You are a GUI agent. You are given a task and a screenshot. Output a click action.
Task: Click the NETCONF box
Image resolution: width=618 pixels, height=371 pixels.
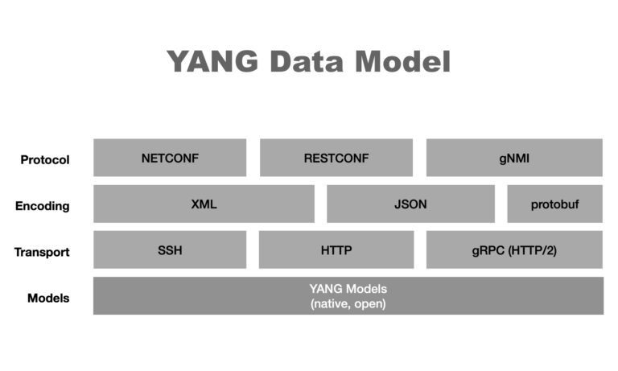(170, 158)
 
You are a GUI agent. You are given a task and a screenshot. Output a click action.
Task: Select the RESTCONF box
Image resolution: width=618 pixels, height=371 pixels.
(336, 158)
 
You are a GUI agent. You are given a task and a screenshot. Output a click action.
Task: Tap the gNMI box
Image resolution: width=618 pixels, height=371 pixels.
(514, 158)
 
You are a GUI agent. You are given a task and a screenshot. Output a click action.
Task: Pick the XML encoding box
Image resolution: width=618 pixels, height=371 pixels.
(204, 204)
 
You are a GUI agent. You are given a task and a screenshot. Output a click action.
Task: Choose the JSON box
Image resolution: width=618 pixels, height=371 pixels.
(410, 204)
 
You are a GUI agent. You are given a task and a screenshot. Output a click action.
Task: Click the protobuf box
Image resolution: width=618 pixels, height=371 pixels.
(554, 204)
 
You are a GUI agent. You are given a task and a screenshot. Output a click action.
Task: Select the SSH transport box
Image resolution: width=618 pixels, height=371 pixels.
(170, 249)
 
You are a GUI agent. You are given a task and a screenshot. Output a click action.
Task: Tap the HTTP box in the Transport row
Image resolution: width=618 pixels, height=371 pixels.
(336, 249)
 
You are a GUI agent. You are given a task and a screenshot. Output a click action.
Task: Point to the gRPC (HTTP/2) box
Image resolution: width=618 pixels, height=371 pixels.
(514, 249)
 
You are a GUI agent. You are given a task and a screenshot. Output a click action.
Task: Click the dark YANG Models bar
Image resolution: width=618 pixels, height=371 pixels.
(348, 295)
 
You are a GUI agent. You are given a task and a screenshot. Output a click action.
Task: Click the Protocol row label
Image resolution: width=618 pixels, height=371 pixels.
(45, 159)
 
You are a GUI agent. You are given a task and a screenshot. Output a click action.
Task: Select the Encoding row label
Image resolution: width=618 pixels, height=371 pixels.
(43, 205)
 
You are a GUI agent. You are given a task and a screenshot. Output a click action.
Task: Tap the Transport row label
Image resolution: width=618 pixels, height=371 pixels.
(42, 252)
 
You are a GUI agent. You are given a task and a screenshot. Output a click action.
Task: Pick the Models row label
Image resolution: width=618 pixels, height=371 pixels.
(48, 298)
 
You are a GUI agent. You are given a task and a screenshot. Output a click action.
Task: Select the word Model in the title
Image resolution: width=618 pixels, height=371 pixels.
(407, 62)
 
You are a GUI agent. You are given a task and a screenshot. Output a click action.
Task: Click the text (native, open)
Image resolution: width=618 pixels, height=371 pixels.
(348, 303)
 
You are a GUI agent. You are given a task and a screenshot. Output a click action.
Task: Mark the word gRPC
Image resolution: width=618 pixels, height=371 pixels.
(488, 250)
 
